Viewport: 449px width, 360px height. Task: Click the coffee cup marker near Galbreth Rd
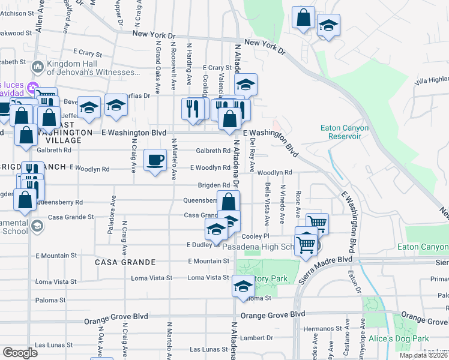point(155,160)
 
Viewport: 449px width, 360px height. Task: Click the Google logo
point(20,353)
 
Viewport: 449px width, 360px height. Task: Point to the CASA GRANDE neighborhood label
point(125,262)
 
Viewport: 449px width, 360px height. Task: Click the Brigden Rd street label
point(215,185)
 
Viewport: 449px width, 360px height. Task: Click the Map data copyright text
point(424,355)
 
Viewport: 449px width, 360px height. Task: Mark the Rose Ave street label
point(298,204)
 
